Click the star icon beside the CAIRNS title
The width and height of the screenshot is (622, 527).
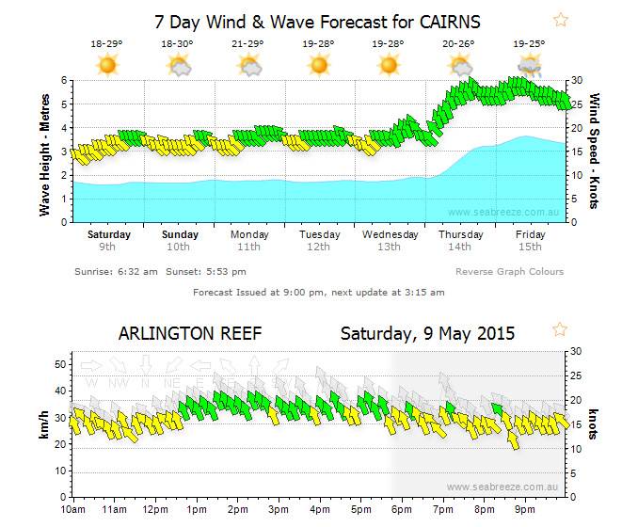pos(561,19)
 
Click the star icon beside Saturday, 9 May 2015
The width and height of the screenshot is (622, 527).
pos(560,329)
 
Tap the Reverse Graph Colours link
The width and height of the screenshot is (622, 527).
pos(510,272)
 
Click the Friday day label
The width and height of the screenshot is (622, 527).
pos(530,234)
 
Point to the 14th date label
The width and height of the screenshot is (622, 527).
pos(459,248)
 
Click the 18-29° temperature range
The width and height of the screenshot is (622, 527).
pos(106,43)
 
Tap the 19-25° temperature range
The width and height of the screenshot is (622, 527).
pos(529,43)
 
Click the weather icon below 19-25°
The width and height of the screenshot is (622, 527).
pos(530,65)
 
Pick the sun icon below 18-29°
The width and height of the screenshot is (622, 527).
pos(106,65)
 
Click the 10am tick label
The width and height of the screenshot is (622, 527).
pos(72,510)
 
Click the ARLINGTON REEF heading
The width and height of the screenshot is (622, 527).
pos(189,333)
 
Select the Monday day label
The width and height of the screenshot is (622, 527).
pos(248,234)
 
